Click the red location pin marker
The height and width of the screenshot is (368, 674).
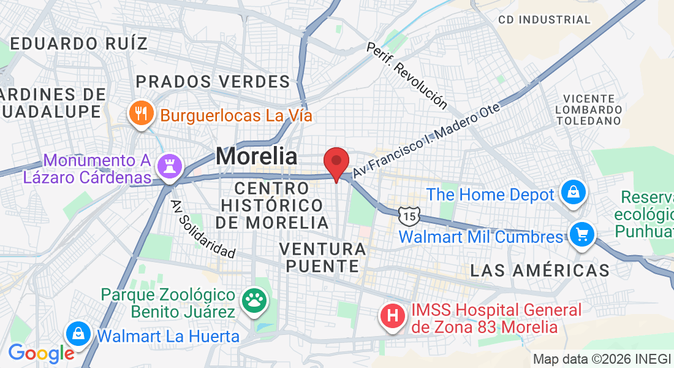click(336, 162)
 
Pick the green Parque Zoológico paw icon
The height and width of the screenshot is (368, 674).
click(254, 300)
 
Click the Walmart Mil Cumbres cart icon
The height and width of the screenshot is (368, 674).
click(580, 235)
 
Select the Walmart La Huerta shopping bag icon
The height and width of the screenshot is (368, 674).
click(78, 334)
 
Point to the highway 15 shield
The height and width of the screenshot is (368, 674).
click(408, 215)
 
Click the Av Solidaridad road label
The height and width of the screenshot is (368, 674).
click(203, 228)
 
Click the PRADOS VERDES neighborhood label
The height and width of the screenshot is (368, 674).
click(213, 82)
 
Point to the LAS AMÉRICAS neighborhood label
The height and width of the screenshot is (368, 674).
click(540, 270)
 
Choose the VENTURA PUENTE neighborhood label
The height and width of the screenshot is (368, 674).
click(322, 258)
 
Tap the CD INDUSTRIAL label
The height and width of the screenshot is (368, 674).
click(544, 20)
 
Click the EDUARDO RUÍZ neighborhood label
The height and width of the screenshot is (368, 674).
click(79, 44)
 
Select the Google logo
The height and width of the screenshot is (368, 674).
click(40, 353)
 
